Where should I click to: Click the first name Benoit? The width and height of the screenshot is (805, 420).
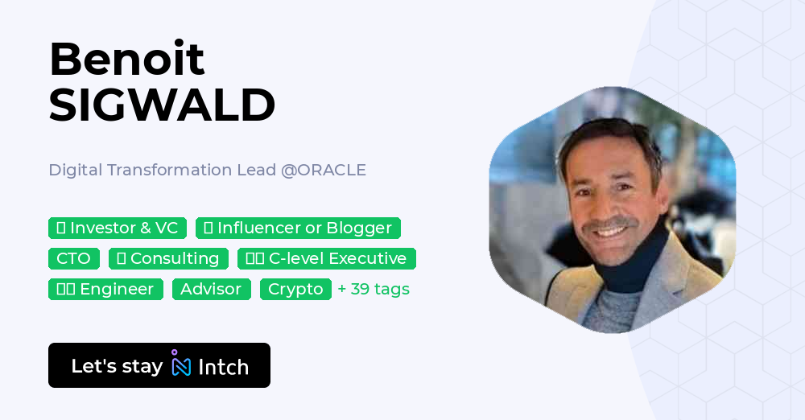pos(126,59)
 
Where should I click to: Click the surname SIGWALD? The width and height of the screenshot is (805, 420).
pos(162,105)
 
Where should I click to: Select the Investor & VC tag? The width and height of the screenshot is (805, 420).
pos(118,228)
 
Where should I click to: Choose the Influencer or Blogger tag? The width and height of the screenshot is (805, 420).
pos(298,228)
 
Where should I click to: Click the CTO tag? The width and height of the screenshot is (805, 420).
pos(74,258)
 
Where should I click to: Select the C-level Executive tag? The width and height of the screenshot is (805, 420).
pos(326,258)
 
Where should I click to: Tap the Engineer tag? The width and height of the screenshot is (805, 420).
pos(105,289)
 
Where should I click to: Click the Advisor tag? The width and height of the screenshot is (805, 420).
pos(211,289)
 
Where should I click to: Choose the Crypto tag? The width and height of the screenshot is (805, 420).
pos(295,289)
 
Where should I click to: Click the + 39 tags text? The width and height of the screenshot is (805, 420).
pos(374,289)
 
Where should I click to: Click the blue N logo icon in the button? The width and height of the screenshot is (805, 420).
pos(181,365)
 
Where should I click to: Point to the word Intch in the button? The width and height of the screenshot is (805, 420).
pos(223,367)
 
